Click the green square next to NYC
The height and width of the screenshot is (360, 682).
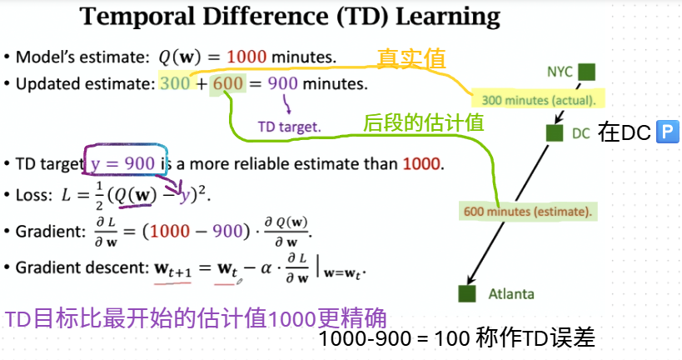pos(587,72)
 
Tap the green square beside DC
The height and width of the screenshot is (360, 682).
pos(554,132)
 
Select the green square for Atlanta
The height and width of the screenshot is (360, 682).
pos(466,293)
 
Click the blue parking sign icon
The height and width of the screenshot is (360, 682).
pos(667,132)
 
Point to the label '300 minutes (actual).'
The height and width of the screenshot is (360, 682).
pos(539,100)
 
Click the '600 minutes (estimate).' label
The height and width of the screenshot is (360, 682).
pos(528,212)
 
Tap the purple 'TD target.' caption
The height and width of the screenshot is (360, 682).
pos(289,127)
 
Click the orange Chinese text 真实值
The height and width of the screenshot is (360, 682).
pos(411,58)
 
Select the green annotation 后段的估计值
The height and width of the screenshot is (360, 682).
pos(423,122)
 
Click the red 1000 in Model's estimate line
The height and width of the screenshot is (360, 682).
pos(246,57)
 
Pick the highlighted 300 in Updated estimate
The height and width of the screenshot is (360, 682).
pos(175,83)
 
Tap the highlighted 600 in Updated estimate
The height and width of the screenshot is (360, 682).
pos(228,83)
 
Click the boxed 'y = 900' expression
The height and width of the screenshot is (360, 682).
pos(123,163)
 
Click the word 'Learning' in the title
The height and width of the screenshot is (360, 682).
pos(447,17)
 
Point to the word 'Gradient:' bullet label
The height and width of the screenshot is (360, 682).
pos(51,232)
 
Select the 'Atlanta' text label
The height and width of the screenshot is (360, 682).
pos(511,294)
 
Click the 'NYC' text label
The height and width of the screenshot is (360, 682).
pos(560,72)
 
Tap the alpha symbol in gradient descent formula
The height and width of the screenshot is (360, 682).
pos(266,268)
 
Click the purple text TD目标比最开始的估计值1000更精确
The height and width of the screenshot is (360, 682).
pos(196,318)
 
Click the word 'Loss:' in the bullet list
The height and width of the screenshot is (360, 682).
pos(34,195)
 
